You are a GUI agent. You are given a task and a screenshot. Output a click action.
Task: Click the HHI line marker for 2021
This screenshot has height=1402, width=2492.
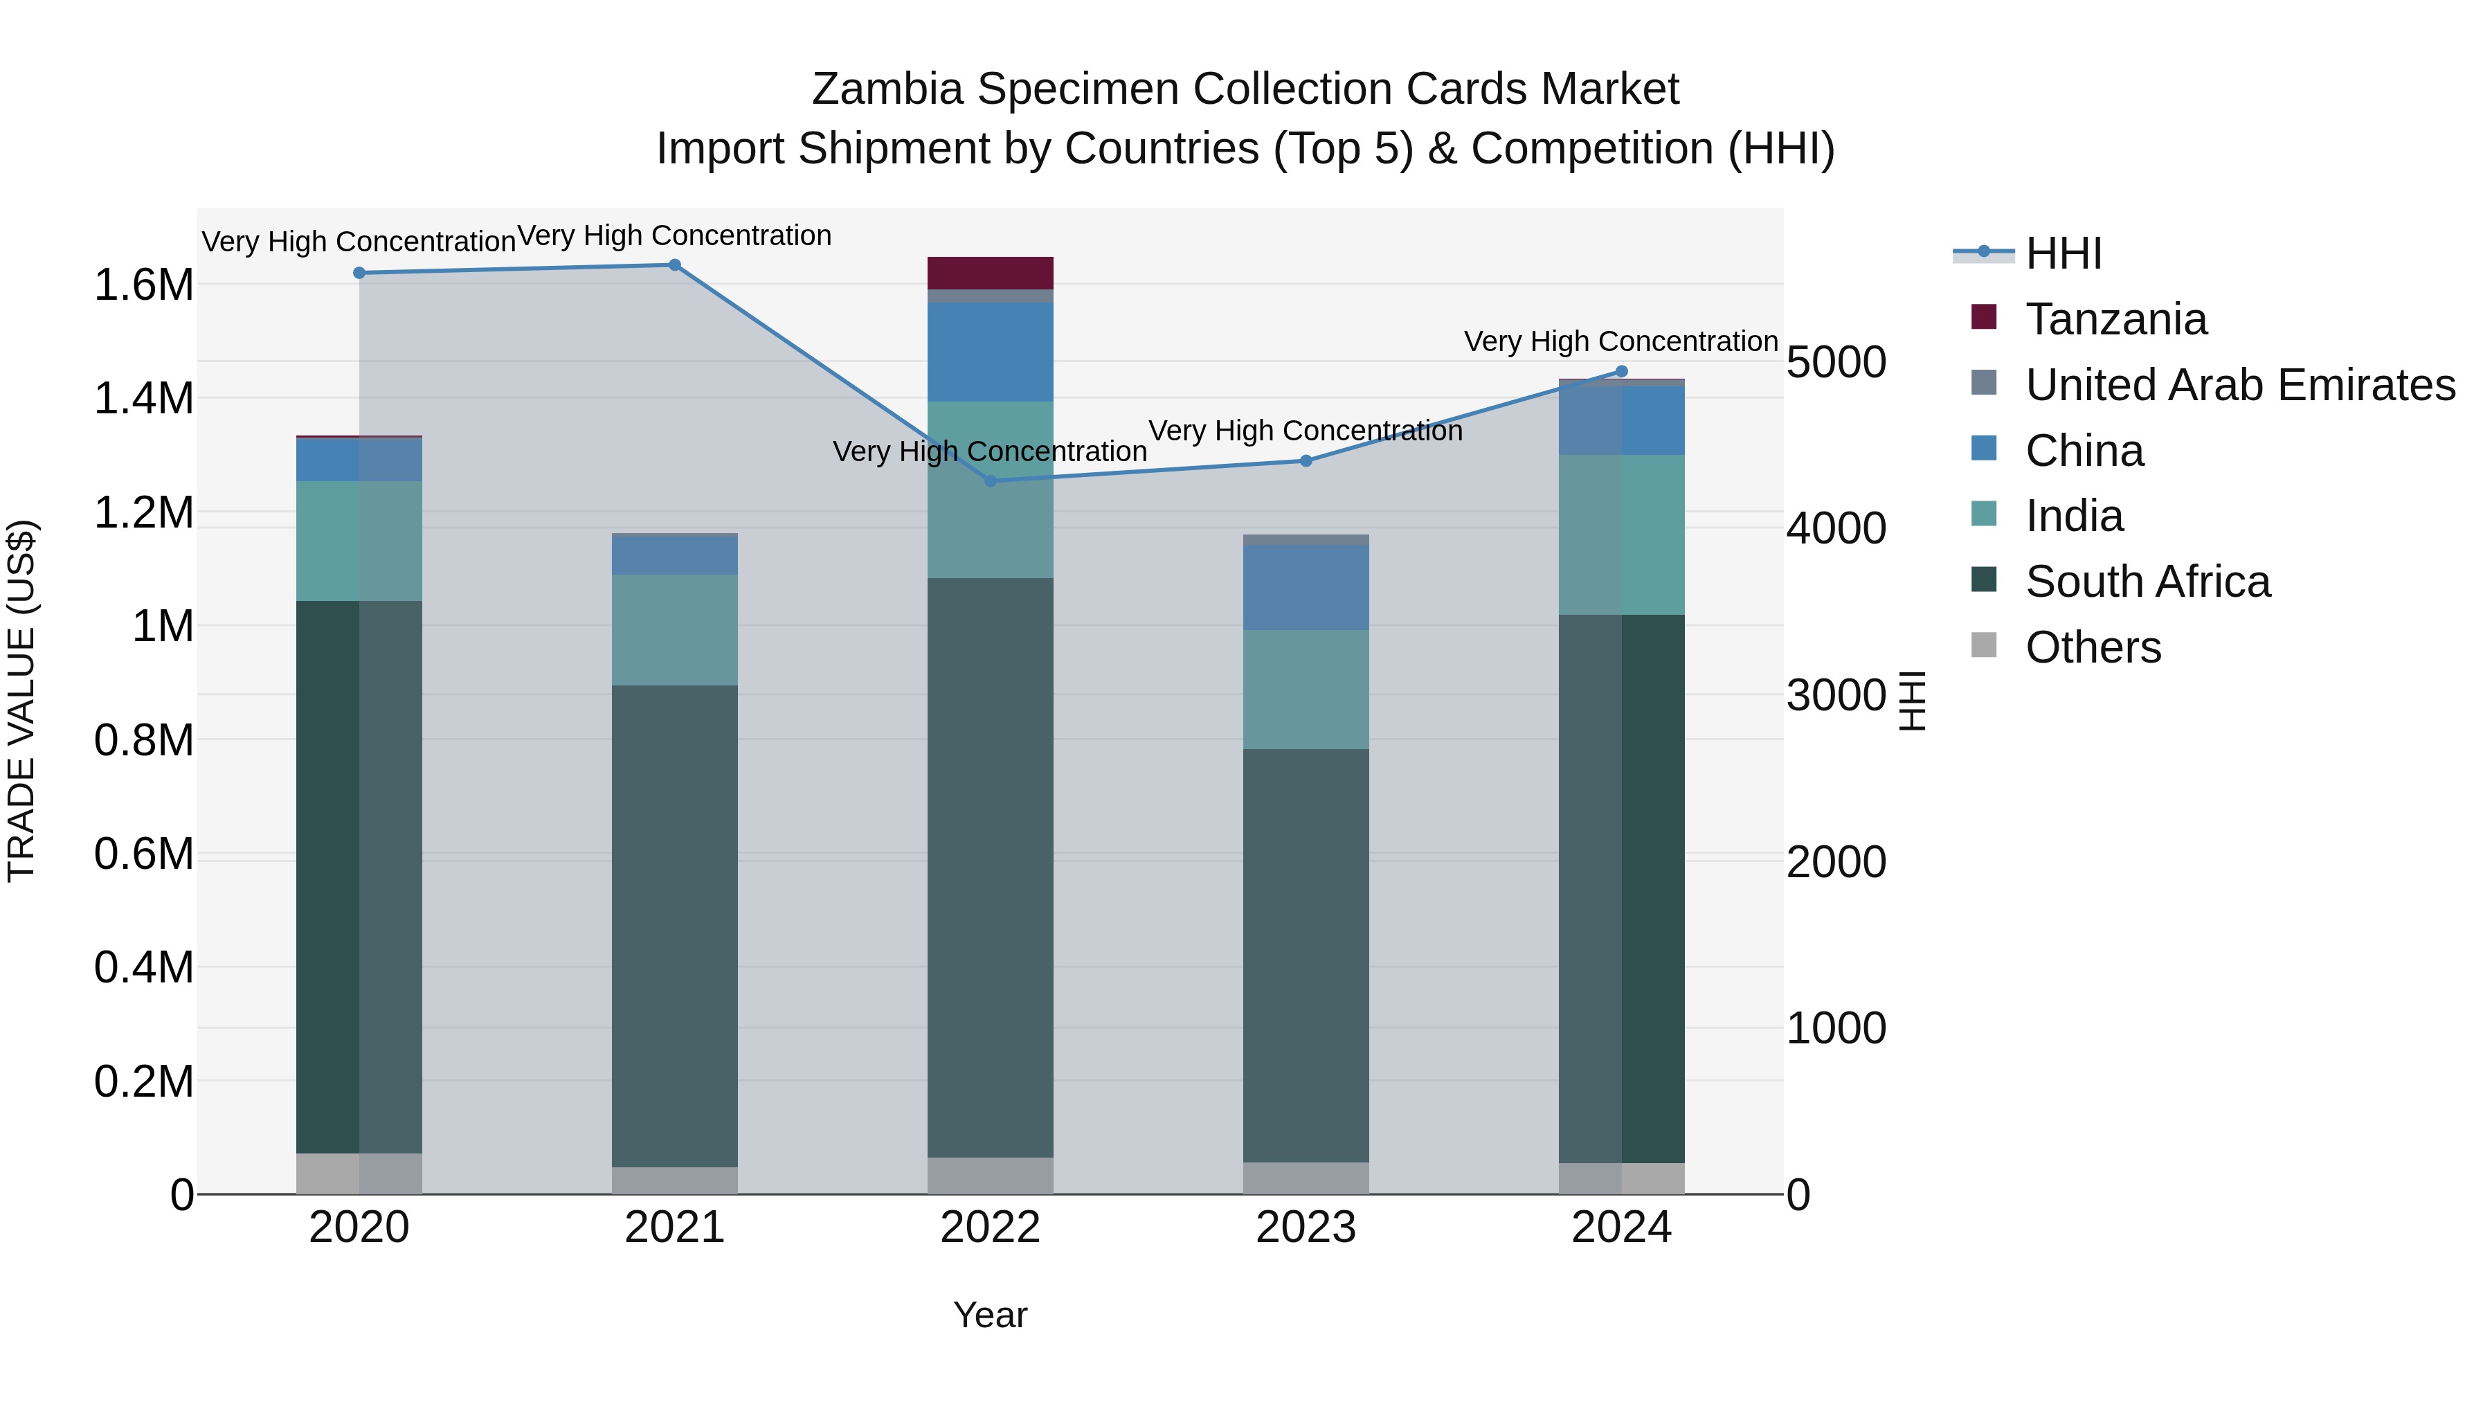click(674, 265)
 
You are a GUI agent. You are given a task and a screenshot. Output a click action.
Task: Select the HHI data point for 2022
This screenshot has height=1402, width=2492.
click(990, 481)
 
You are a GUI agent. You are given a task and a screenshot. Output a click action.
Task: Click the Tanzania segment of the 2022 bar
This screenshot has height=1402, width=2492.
click(990, 273)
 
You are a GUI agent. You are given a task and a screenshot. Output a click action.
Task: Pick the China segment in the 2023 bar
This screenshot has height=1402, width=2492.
click(1306, 587)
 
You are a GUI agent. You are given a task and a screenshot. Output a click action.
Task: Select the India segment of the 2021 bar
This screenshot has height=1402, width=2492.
click(674, 630)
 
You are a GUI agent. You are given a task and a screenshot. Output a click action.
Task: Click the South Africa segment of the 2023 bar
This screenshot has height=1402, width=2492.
click(1306, 955)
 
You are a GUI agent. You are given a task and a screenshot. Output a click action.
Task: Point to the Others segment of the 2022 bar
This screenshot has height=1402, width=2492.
click(990, 1176)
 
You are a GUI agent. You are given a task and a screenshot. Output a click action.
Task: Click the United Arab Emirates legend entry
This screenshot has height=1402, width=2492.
click(2239, 385)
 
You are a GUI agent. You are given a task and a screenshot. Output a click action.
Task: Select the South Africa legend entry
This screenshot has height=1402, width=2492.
click(2147, 582)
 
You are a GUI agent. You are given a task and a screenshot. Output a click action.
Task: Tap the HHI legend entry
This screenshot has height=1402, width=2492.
click(2063, 253)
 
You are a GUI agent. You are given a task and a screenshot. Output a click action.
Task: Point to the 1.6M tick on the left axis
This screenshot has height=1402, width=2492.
click(143, 285)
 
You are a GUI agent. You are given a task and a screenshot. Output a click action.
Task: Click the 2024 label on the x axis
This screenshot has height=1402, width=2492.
click(1621, 1228)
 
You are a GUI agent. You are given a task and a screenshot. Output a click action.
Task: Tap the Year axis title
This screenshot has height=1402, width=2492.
click(990, 1315)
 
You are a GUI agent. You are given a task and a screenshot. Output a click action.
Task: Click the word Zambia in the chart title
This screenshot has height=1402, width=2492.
click(887, 89)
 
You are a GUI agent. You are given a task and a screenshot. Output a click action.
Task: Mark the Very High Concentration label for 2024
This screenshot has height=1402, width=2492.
click(1620, 341)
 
